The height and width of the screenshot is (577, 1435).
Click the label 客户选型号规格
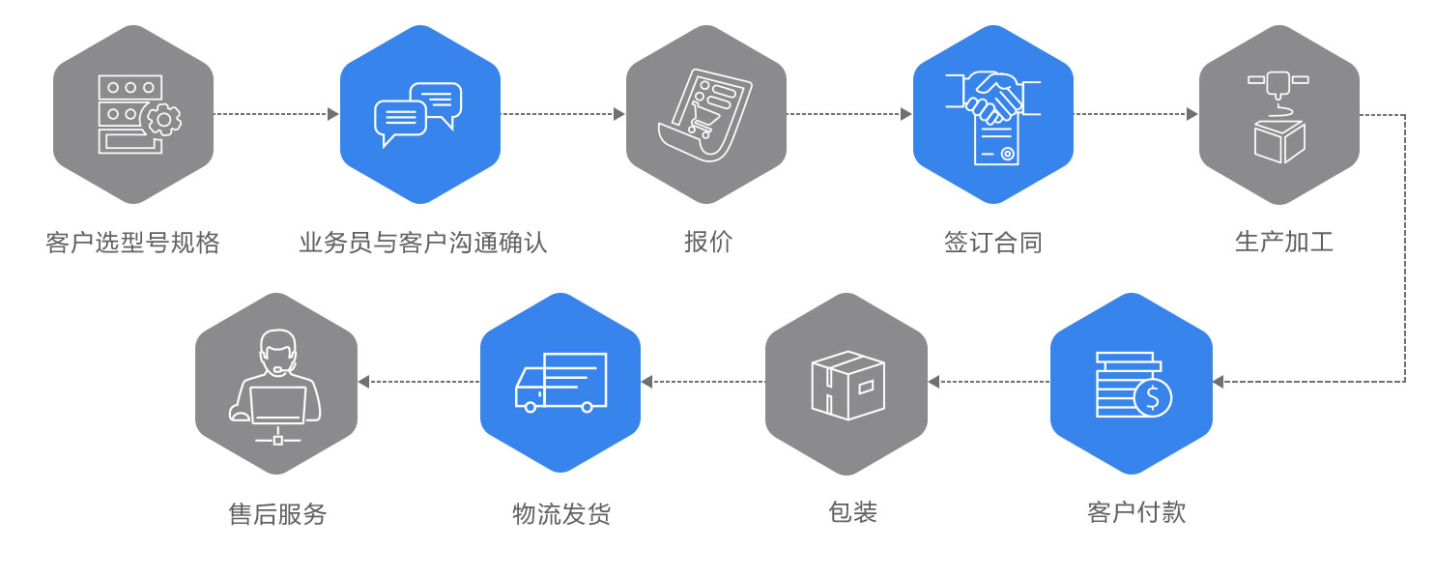(132, 242)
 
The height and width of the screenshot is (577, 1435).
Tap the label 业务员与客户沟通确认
(422, 242)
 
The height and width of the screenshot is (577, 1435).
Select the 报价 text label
(707, 242)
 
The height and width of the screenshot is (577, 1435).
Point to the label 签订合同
(992, 242)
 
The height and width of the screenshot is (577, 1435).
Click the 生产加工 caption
(1283, 242)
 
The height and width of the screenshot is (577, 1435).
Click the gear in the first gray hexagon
(163, 119)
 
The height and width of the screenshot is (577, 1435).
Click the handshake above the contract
(993, 96)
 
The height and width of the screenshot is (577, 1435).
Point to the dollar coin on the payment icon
(1152, 397)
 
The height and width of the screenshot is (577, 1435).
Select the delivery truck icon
(560, 383)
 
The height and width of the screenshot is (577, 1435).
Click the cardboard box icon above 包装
(847, 385)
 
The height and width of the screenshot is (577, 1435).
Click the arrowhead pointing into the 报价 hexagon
(619, 114)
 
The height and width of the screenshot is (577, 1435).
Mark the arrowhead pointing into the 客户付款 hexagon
(1218, 382)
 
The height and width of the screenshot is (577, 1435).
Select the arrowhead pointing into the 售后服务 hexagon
(363, 382)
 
